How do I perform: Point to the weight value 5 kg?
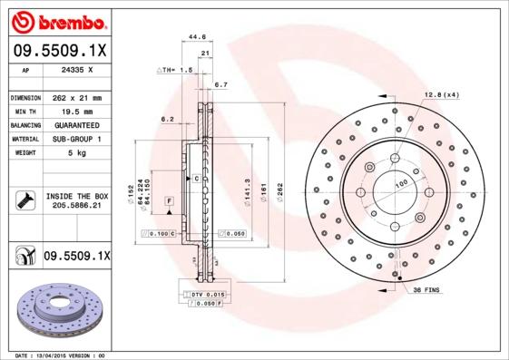pyautogui.click(x=74, y=153)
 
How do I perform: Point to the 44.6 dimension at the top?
pyautogui.click(x=196, y=37)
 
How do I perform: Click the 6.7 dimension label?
pyautogui.click(x=220, y=84)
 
